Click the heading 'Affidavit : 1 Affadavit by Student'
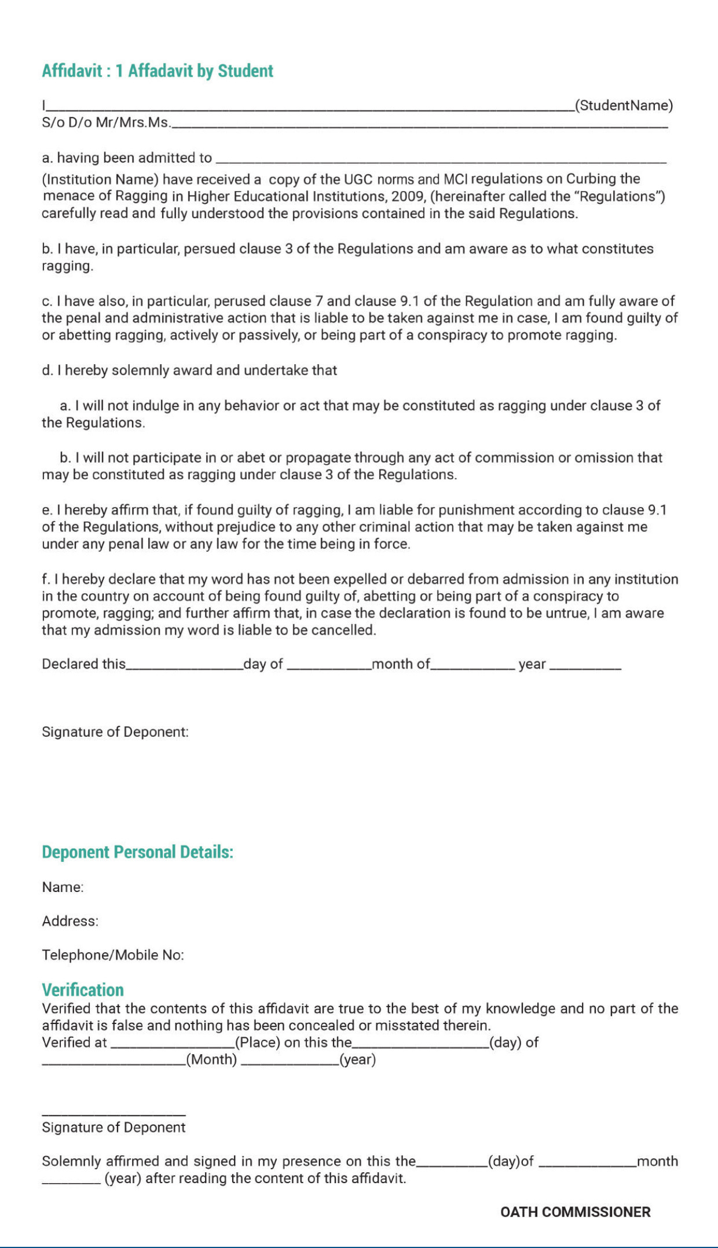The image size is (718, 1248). [157, 71]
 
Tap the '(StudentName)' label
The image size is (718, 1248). [624, 105]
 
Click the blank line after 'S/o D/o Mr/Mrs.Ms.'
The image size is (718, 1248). [419, 124]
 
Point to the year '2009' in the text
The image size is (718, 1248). [408, 196]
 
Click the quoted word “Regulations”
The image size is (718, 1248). [618, 196]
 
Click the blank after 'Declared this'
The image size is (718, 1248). [184, 667]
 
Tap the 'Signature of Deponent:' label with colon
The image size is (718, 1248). [115, 732]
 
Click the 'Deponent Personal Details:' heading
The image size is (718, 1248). [137, 852]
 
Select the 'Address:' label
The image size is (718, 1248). [70, 921]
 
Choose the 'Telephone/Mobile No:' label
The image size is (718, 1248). [113, 955]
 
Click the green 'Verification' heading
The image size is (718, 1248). [83, 990]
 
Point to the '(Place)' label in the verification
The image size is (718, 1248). [258, 1043]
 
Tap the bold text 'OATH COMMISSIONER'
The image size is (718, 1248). [575, 1212]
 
